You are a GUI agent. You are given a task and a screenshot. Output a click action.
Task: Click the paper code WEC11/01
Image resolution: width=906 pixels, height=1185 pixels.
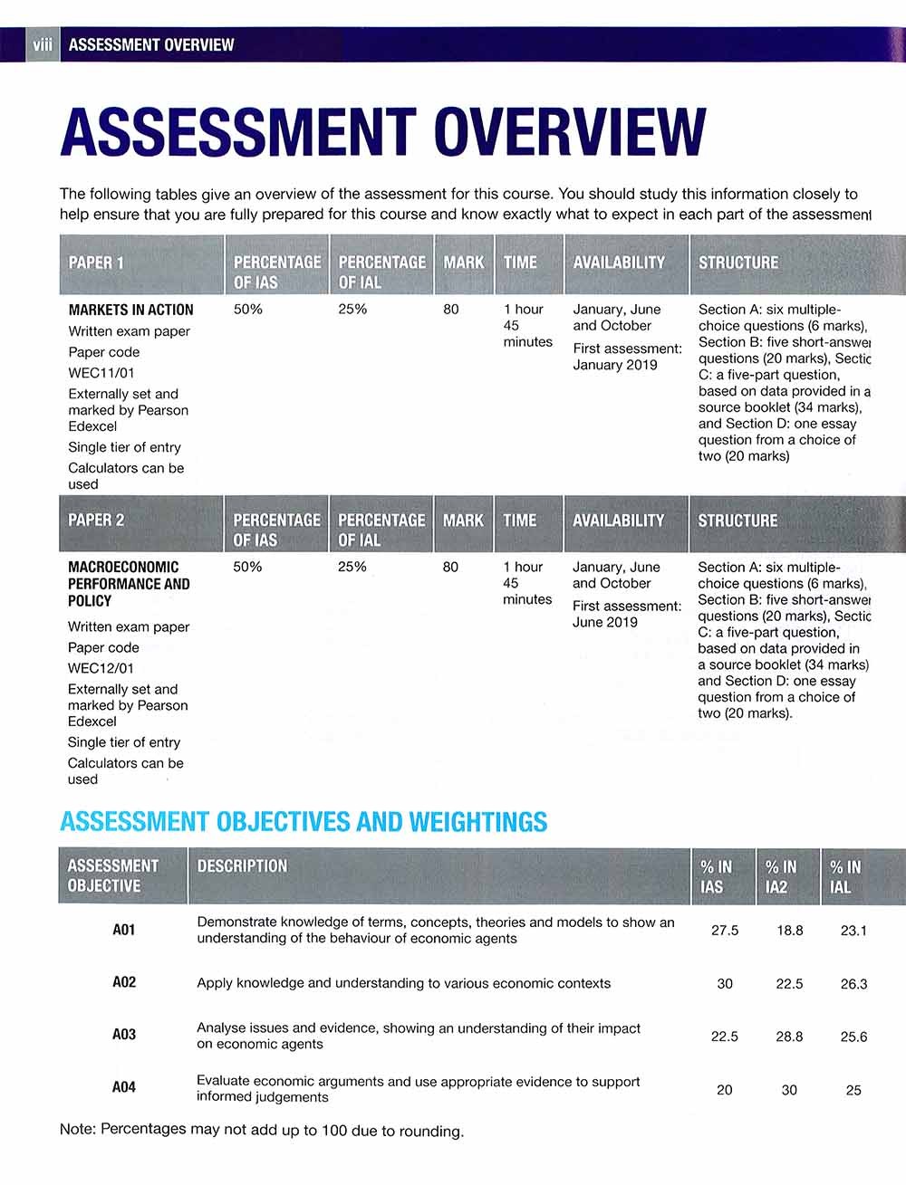(101, 373)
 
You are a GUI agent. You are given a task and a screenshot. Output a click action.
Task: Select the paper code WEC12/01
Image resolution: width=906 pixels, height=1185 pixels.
(101, 668)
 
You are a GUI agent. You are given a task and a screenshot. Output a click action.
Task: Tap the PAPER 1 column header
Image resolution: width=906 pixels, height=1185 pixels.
(97, 263)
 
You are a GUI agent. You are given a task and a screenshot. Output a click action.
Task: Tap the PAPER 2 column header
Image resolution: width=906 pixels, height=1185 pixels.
(96, 521)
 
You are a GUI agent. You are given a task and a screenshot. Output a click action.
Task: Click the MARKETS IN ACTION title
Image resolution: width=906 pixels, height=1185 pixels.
(130, 310)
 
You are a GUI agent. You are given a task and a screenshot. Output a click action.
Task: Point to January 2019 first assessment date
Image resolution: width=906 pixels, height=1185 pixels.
(615, 365)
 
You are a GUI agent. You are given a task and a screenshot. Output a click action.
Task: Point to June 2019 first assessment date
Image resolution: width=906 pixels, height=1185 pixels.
(604, 623)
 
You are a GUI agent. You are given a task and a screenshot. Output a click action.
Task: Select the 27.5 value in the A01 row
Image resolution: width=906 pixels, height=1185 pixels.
(725, 931)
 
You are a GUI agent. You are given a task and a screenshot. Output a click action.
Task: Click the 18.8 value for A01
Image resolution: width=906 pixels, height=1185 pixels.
(789, 931)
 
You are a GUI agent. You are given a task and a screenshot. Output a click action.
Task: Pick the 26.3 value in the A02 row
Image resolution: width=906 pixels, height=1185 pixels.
(853, 984)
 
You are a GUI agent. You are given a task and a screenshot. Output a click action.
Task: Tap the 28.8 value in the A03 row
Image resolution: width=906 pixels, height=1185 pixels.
(789, 1037)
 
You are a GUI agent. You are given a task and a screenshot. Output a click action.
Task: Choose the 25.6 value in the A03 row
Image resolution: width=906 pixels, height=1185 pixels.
(853, 1037)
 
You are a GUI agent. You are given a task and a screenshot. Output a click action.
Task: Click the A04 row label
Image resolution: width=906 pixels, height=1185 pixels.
(124, 1087)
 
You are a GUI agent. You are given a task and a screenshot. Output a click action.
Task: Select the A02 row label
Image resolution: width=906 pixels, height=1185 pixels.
(124, 982)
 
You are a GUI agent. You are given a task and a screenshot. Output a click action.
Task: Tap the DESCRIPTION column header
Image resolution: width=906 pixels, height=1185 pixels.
(242, 866)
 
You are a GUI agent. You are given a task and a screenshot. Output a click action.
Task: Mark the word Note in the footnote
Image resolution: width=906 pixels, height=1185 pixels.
(76, 1130)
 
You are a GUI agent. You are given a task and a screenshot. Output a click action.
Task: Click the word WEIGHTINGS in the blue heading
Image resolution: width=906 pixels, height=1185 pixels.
(477, 822)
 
